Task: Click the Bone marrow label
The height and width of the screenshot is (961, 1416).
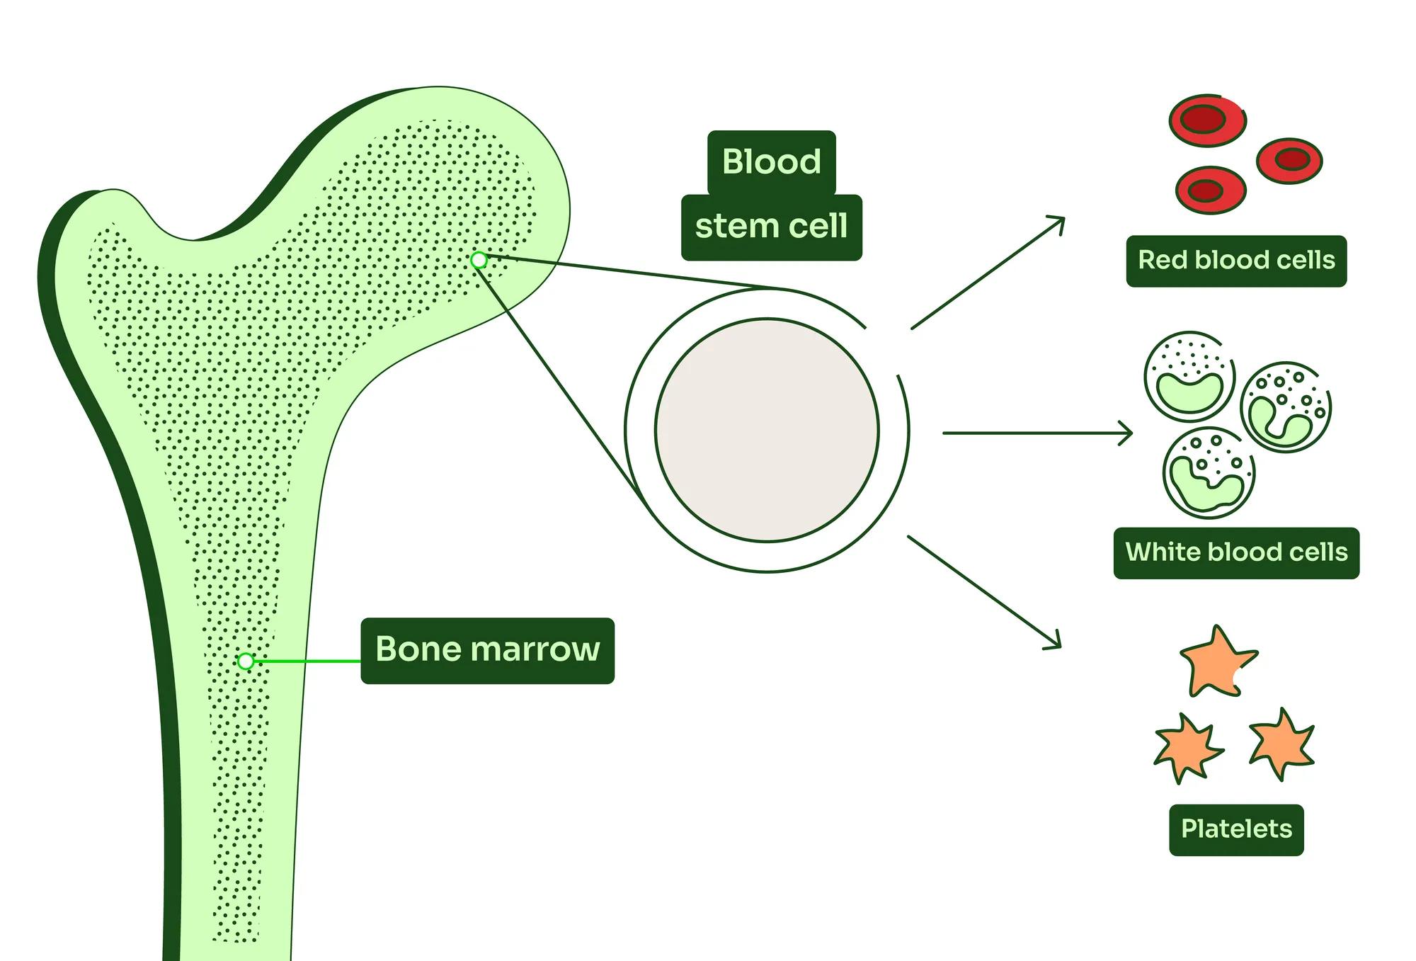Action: coord(487,650)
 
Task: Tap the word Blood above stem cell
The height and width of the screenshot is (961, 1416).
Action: coord(771,162)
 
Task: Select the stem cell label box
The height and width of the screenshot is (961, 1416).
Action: coord(771,227)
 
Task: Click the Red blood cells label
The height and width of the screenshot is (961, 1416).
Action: coord(1236,261)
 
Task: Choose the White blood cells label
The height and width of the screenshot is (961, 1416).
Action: coord(1236,553)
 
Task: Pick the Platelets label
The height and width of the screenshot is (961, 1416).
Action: coord(1236,829)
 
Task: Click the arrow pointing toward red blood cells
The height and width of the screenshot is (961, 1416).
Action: coord(988,273)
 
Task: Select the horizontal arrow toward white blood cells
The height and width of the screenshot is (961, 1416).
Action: coord(1037,433)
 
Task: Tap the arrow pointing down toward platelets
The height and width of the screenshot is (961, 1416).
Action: coord(984,591)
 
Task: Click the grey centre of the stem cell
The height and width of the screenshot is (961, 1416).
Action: coord(767,430)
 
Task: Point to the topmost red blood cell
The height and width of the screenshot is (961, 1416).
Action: coord(1207,120)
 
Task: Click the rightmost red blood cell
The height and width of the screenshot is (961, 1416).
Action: coord(1289,160)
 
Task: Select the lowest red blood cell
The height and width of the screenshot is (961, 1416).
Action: coord(1210,190)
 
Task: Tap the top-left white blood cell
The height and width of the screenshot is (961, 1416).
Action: coord(1189,375)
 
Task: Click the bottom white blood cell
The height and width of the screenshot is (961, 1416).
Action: coord(1209,472)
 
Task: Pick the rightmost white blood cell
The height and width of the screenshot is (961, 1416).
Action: coord(1285,408)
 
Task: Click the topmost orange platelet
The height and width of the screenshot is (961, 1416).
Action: coord(1216,662)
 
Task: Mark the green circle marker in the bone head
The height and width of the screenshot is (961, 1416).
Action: coord(479,261)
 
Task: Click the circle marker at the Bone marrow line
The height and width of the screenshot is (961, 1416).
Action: coord(246,661)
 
